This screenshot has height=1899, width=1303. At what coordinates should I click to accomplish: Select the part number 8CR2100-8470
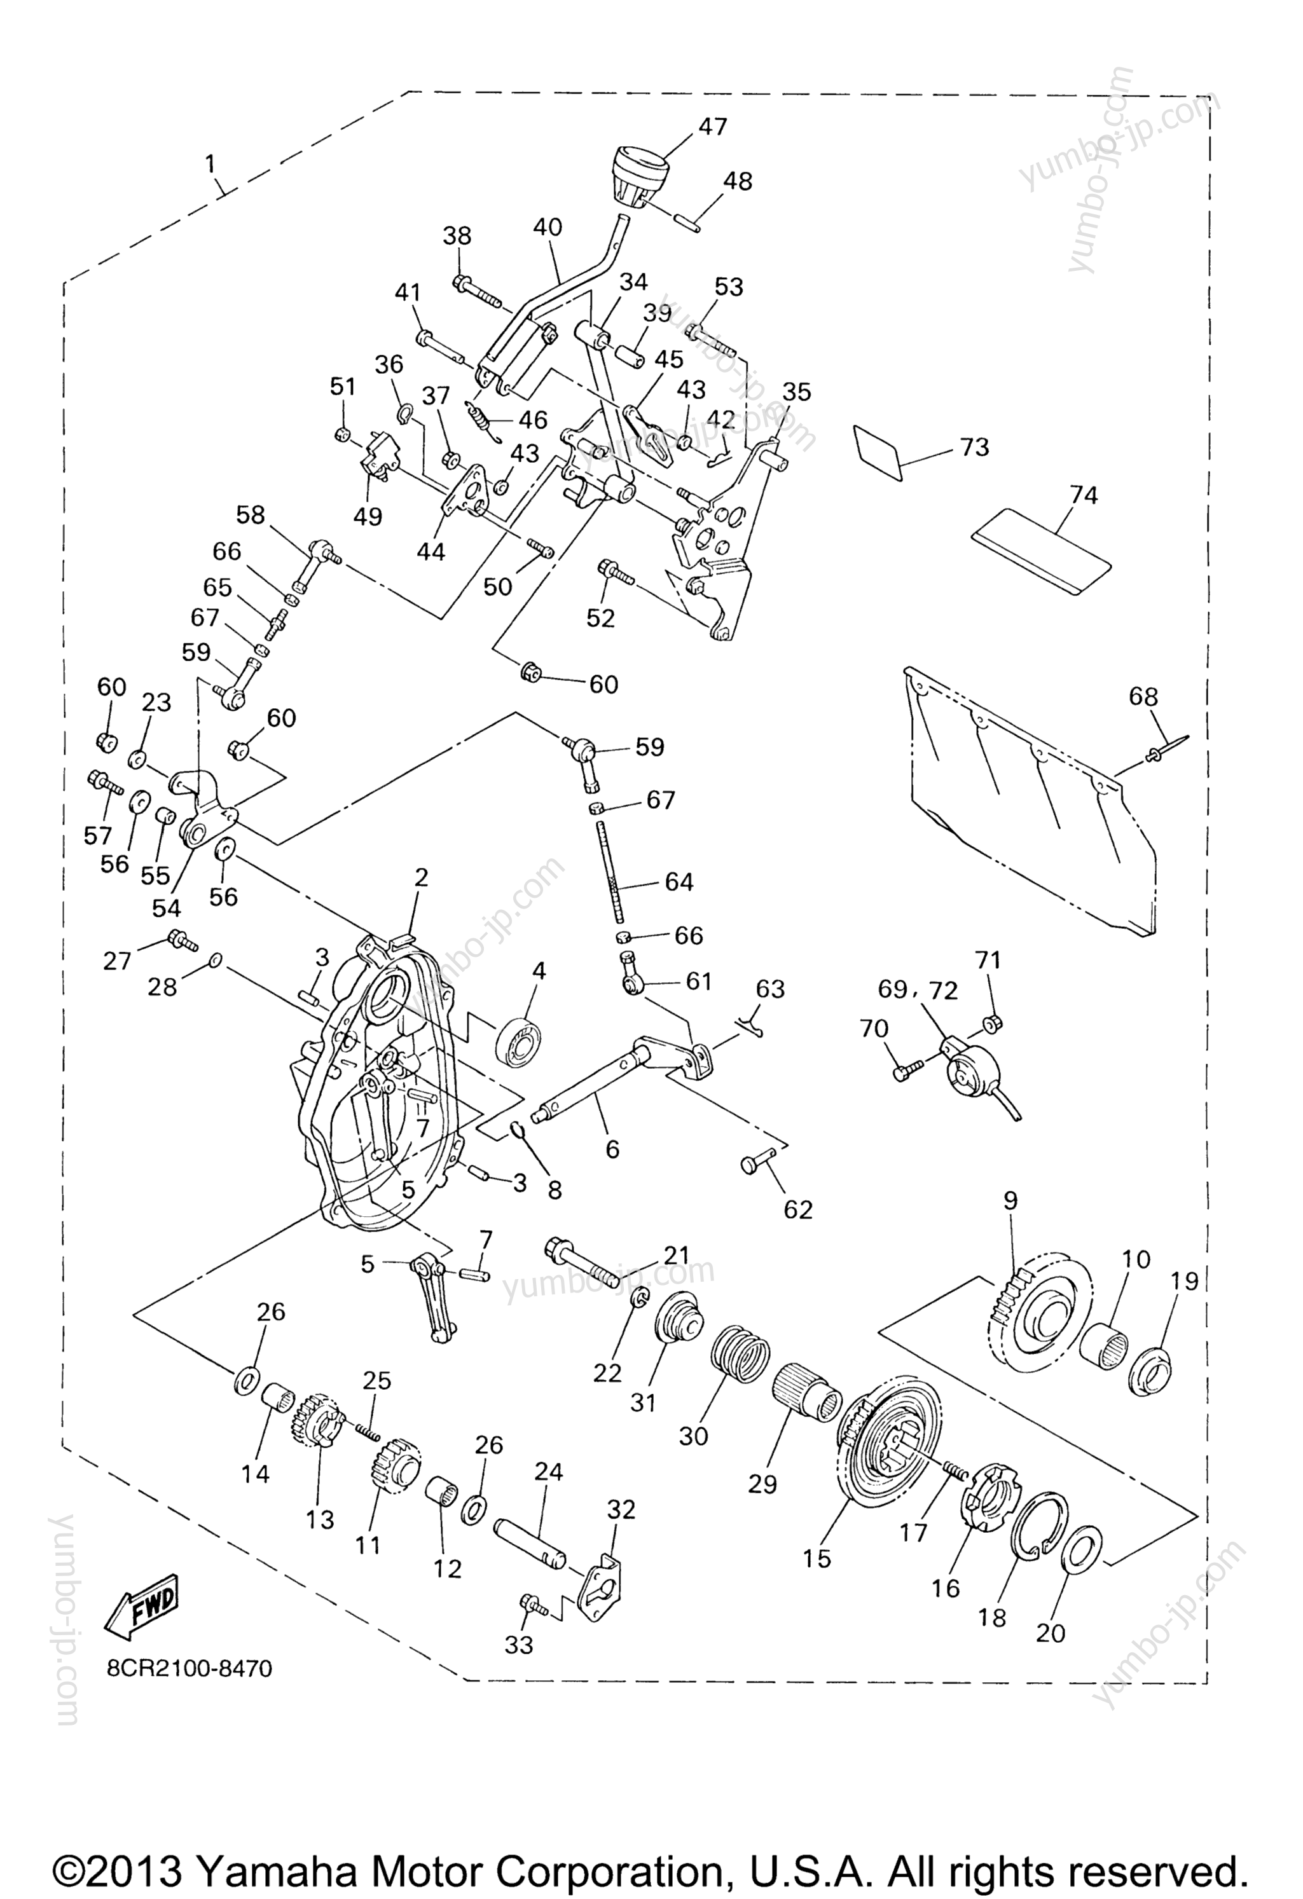(x=189, y=1668)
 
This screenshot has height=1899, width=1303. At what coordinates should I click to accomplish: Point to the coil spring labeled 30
(x=739, y=1361)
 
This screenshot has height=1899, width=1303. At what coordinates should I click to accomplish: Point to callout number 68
(x=1143, y=696)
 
